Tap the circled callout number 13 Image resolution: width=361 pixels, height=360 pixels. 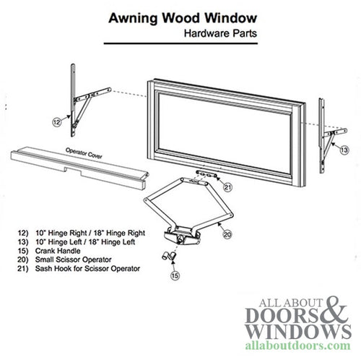coord(343,148)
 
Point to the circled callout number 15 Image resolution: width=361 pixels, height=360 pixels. coord(174,274)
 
